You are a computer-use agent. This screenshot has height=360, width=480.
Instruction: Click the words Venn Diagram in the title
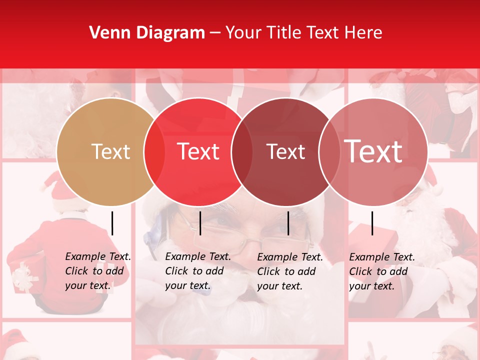coord(147,33)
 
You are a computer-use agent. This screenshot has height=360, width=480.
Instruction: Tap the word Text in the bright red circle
coord(198,151)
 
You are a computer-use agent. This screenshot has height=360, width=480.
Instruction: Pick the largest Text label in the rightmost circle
coord(373,151)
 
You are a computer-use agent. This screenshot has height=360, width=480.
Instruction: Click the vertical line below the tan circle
coord(112,223)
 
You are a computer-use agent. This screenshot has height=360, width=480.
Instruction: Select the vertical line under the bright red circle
coord(200,223)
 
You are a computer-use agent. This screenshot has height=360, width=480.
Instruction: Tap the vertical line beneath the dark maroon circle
coord(288,223)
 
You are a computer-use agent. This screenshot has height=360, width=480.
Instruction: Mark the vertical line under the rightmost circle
coord(372,223)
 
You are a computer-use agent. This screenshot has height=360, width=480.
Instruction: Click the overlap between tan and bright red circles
coord(154,152)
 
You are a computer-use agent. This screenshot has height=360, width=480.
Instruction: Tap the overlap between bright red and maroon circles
coord(242,152)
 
